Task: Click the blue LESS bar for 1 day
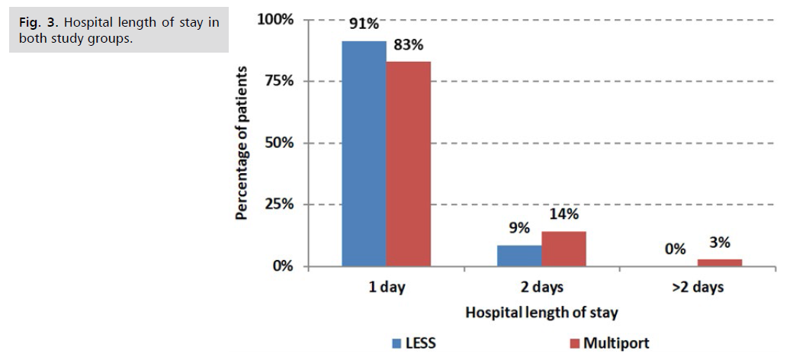pos(364,153)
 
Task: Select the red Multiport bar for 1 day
pos(408,164)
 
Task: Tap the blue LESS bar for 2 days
pos(519,256)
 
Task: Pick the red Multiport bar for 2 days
pos(563,249)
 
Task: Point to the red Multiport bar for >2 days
pos(719,263)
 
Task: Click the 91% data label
pos(364,24)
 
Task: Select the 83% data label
pos(408,45)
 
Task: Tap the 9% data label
pos(519,229)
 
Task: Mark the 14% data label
pos(563,214)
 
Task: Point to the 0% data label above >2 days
pos(675,249)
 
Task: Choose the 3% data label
pos(719,243)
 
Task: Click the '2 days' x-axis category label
pos(541,288)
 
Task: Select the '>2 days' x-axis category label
pos(697,288)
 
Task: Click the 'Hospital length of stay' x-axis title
pos(541,312)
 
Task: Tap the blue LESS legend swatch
pos(396,343)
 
